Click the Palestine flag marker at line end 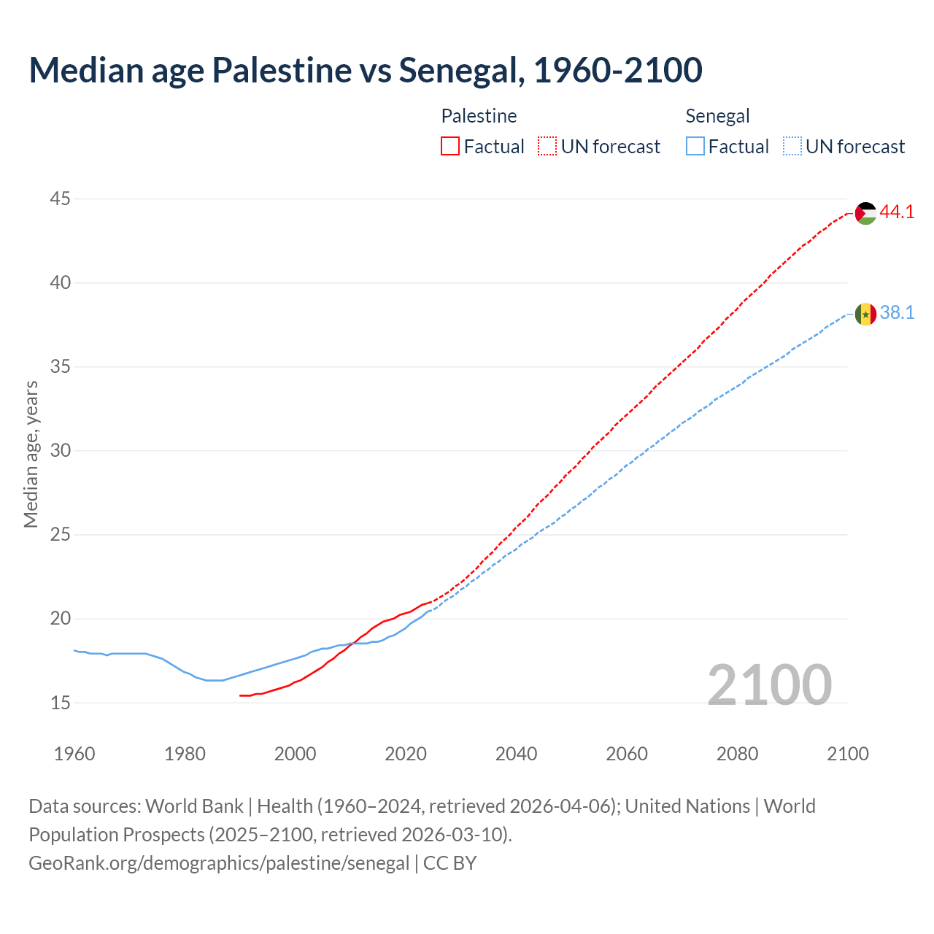pyautogui.click(x=865, y=213)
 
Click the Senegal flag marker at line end pyautogui.click(x=865, y=314)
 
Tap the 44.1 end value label pyautogui.click(x=897, y=212)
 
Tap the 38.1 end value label pyautogui.click(x=897, y=313)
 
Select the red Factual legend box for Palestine pyautogui.click(x=450, y=147)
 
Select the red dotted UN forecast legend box pyautogui.click(x=547, y=147)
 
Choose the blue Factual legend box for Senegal pyautogui.click(x=695, y=147)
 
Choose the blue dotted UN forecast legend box pyautogui.click(x=792, y=147)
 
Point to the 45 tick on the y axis pyautogui.click(x=61, y=198)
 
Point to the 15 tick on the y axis pyautogui.click(x=61, y=703)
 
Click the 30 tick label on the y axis pyautogui.click(x=61, y=450)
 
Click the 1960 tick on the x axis pyautogui.click(x=74, y=754)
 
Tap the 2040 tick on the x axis pyautogui.click(x=516, y=754)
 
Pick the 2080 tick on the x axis pyautogui.click(x=737, y=754)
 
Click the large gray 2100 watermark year pyautogui.click(x=769, y=684)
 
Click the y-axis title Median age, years pyautogui.click(x=31, y=454)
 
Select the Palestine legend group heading pyautogui.click(x=479, y=116)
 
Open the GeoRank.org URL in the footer pyautogui.click(x=219, y=863)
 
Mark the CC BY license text pyautogui.click(x=449, y=863)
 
